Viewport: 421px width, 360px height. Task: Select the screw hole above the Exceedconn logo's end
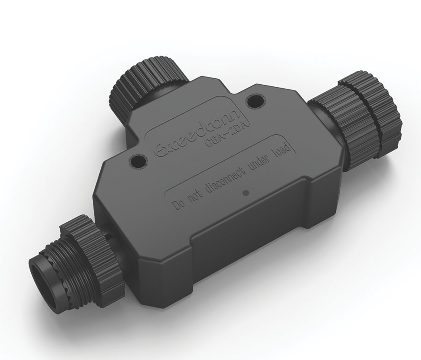pos(255,101)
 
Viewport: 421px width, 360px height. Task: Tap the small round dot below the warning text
pos(245,193)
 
